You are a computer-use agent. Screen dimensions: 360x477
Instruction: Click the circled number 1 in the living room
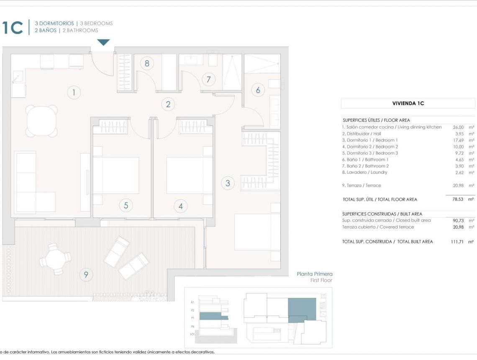point(74,93)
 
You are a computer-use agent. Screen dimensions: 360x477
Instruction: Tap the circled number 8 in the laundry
point(147,63)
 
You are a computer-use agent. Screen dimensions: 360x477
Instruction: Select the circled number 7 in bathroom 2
point(208,79)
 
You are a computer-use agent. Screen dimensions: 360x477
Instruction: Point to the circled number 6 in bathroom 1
point(258,90)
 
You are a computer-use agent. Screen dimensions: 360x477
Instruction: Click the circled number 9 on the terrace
point(86,275)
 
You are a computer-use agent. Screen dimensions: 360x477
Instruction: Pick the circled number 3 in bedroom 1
point(228,183)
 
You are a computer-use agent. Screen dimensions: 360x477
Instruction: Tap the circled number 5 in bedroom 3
point(126,205)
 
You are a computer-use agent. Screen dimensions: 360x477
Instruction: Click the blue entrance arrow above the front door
point(103,42)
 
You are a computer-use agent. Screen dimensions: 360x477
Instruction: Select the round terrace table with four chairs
point(55,260)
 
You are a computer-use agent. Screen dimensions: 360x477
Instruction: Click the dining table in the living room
point(42,121)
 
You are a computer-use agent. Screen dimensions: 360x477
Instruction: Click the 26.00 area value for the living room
point(458,127)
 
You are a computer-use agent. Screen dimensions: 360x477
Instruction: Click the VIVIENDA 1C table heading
point(408,103)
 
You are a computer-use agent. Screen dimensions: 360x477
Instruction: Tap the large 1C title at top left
point(13,28)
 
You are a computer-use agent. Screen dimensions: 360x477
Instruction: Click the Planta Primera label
point(314,274)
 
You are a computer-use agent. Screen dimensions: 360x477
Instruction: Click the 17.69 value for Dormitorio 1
point(458,140)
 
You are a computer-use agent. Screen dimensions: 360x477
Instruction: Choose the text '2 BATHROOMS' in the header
point(80,31)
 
